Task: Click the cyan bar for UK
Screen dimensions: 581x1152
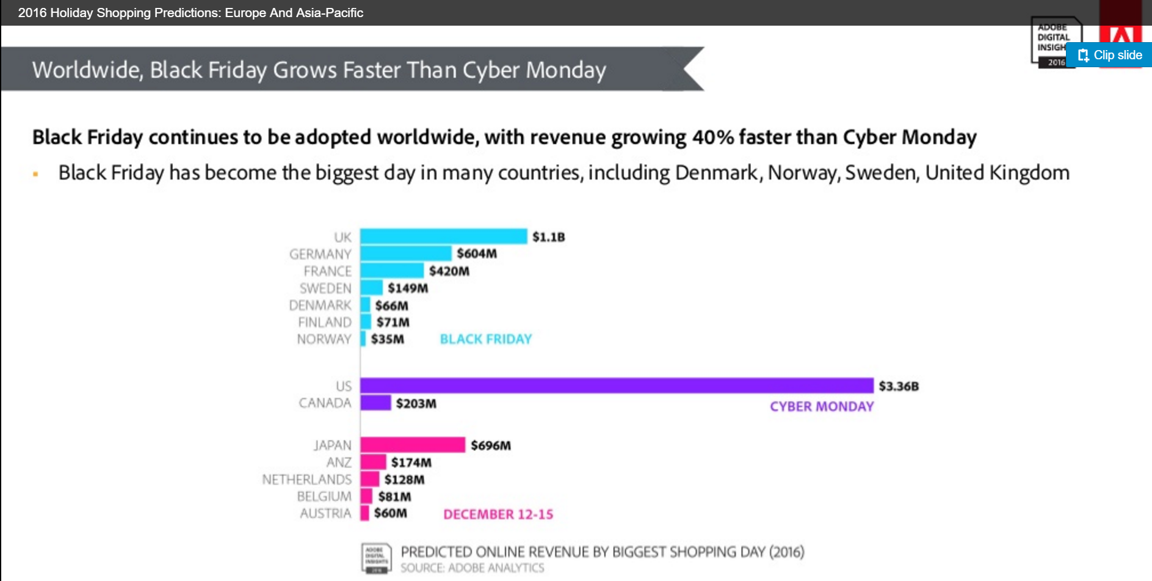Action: [443, 236]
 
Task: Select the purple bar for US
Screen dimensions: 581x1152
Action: [617, 386]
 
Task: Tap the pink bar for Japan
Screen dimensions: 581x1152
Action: [413, 445]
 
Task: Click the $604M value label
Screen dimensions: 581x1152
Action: [477, 254]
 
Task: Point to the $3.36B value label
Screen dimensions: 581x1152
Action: [899, 386]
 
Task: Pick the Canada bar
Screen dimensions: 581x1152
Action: [375, 403]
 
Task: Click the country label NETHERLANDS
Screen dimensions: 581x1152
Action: [307, 480]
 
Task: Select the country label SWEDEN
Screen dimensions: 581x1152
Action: [325, 288]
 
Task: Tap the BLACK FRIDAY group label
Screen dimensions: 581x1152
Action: [486, 339]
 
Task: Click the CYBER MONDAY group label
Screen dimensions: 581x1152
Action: [822, 407]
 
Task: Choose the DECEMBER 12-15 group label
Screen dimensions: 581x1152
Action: [498, 514]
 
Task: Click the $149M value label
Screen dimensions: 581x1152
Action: [408, 288]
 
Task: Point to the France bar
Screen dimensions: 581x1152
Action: [392, 271]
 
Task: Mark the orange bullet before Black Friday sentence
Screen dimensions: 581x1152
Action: [35, 174]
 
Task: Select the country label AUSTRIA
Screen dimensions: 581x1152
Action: [325, 513]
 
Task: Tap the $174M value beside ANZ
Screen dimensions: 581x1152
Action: [411, 462]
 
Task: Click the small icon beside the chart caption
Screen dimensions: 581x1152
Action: [376, 558]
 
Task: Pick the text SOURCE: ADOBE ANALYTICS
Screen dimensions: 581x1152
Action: [472, 568]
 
